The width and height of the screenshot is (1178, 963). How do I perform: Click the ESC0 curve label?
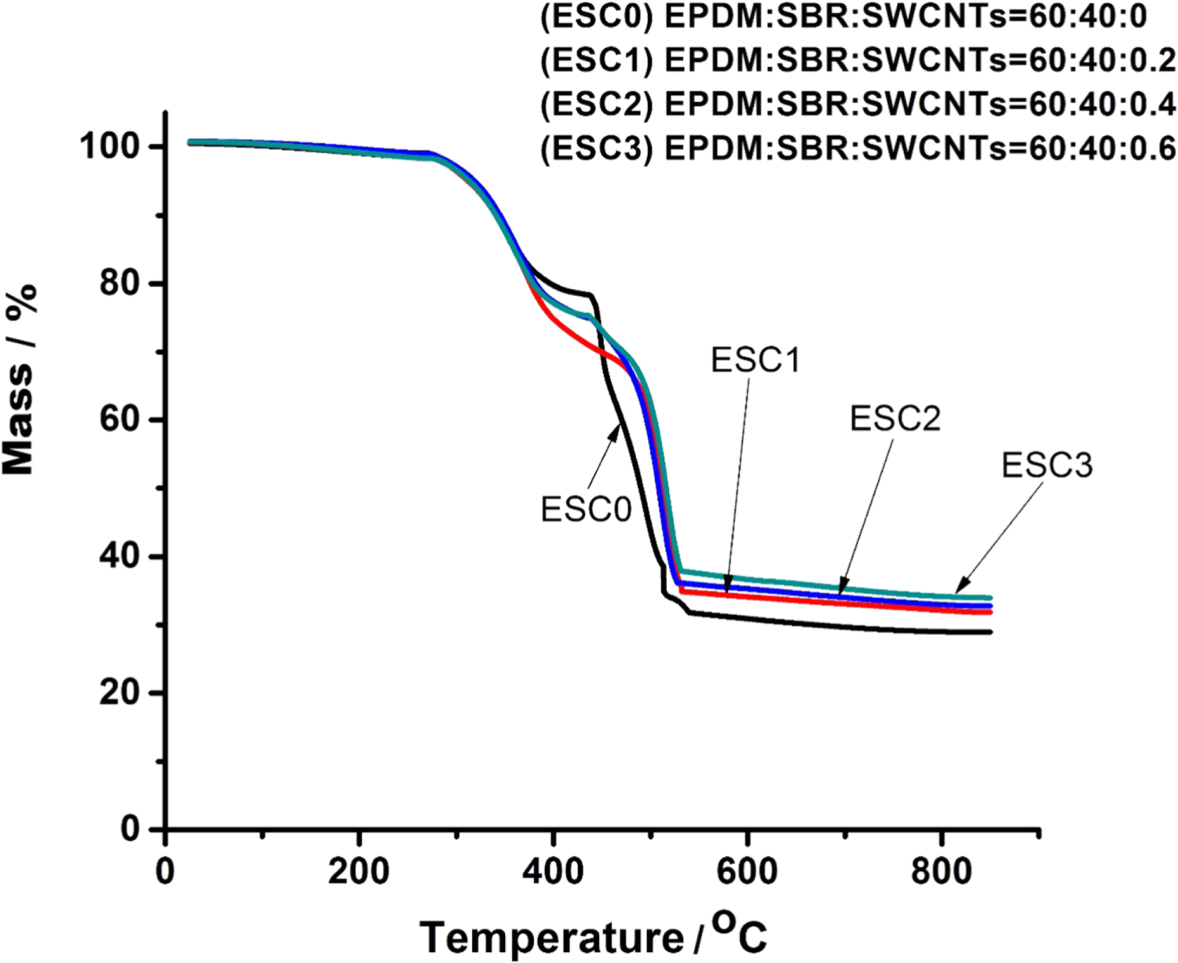point(586,510)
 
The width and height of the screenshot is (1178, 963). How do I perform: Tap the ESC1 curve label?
point(755,361)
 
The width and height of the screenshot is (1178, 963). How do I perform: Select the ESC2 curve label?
point(894,419)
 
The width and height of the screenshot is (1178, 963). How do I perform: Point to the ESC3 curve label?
point(1046,466)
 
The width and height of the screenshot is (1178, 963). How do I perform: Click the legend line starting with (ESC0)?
point(843,16)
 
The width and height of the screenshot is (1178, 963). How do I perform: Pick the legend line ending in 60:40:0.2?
point(858,60)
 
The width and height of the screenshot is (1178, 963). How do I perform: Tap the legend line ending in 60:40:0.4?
point(858,104)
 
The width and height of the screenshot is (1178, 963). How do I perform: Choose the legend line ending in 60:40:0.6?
point(858,148)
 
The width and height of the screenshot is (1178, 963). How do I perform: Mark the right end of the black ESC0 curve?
point(991,632)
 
